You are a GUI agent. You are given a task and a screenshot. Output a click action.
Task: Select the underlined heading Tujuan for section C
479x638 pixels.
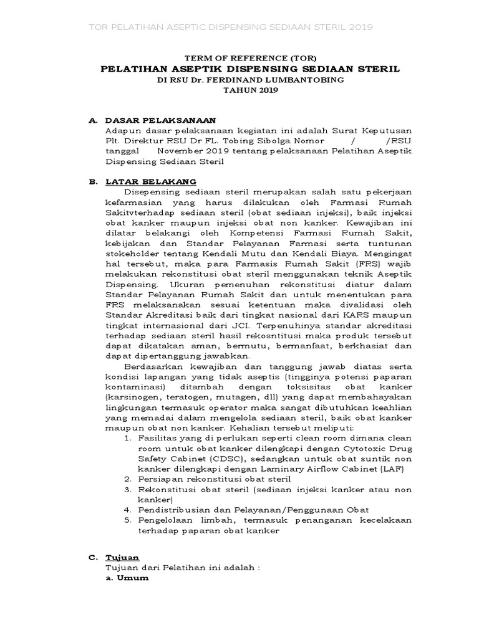[122, 557]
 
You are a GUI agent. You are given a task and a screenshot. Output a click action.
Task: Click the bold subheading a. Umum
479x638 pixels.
[127, 578]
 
